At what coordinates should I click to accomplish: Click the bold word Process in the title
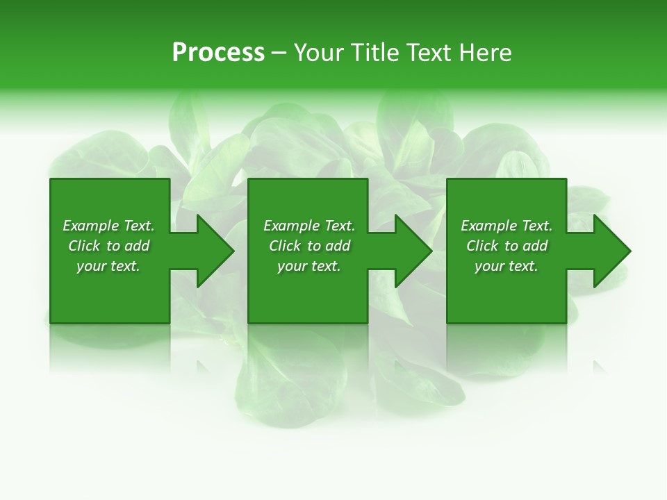(x=218, y=53)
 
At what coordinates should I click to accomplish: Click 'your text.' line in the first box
(x=108, y=266)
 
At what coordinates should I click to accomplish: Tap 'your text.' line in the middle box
(x=309, y=266)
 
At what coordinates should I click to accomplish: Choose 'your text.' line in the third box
(x=507, y=266)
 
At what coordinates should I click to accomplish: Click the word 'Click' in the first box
(x=84, y=246)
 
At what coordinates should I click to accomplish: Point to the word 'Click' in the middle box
(x=285, y=246)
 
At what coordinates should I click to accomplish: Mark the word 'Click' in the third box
(x=482, y=246)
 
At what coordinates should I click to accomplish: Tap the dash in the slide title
(x=279, y=53)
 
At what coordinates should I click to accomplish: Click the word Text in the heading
(x=428, y=53)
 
